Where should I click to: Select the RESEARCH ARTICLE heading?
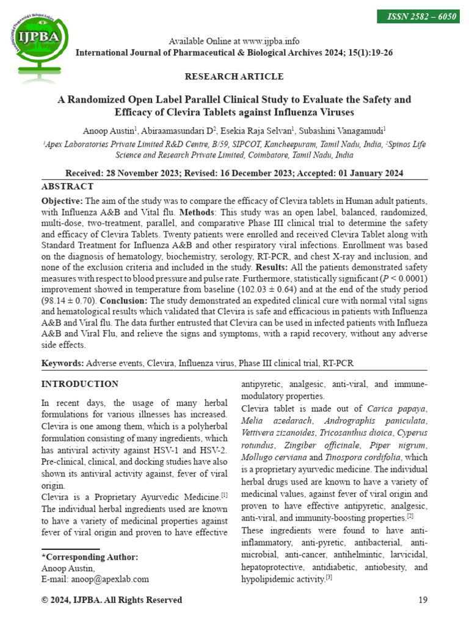pos(234,76)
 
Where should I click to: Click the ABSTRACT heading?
pos(67,187)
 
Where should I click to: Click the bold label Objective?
pos(62,201)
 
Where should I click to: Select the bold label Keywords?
pos(62,363)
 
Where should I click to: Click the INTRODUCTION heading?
pos(79,384)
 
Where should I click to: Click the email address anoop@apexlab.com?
pos(111,579)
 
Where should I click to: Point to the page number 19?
pos(423,600)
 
